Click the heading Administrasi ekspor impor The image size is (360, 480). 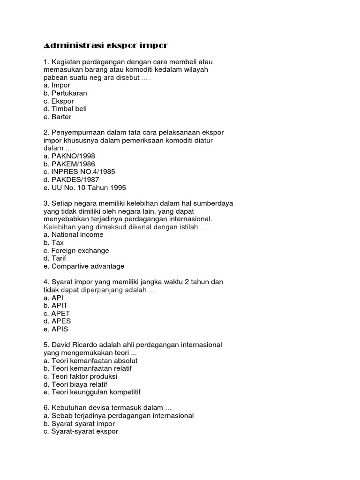coord(105,45)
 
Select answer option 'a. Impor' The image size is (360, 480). coord(57,85)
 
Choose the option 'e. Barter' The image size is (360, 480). coord(57,117)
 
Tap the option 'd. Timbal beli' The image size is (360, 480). coord(65,109)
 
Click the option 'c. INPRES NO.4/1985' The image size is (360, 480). coord(79,172)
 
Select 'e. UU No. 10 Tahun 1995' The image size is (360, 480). coord(84,187)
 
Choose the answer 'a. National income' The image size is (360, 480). coord(73,234)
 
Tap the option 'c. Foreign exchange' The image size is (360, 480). coord(76,250)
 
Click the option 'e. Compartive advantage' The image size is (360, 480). coord(84,266)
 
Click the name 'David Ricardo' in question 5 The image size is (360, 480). coord(74,345)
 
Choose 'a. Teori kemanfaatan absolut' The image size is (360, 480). coord(90,360)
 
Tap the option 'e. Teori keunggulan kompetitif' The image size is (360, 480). coord(92,392)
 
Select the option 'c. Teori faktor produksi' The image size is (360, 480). coord(80,376)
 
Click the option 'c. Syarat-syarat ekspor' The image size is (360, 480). coord(81,431)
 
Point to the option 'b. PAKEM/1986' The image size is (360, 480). coord(69,164)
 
